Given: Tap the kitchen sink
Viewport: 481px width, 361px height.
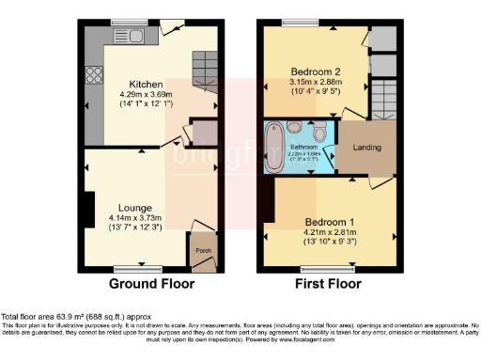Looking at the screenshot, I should pyautogui.click(x=123, y=37).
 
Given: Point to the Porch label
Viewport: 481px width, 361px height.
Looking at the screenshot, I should pyautogui.click(x=202, y=251).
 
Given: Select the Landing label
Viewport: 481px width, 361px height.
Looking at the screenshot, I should pyautogui.click(x=366, y=148).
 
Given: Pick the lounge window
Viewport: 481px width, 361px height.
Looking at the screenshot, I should pyautogui.click(x=125, y=268).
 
